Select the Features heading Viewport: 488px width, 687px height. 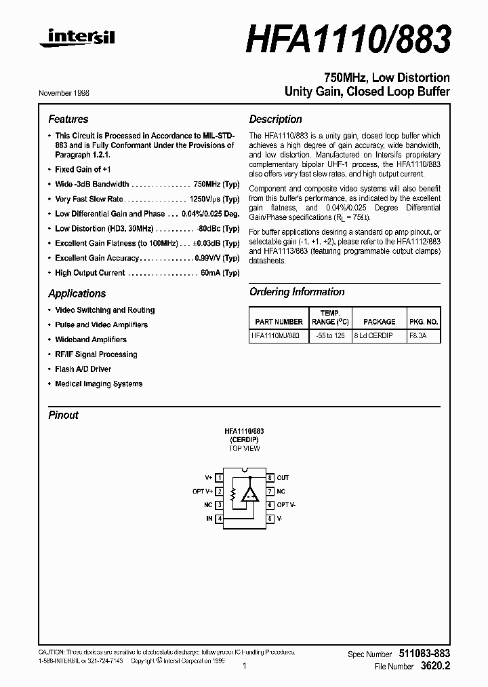68,119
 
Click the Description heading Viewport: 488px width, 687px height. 275,119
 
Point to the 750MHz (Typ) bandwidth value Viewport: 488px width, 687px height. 216,184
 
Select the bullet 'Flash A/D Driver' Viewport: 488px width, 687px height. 83,369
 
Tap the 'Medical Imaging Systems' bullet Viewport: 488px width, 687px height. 98,384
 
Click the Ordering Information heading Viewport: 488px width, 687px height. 297,292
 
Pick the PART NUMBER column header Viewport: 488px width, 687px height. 279,322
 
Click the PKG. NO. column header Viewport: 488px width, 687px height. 424,322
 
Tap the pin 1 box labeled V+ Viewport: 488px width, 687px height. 220,478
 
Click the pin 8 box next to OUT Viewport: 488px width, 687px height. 269,478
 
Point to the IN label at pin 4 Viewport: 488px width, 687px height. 209,519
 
